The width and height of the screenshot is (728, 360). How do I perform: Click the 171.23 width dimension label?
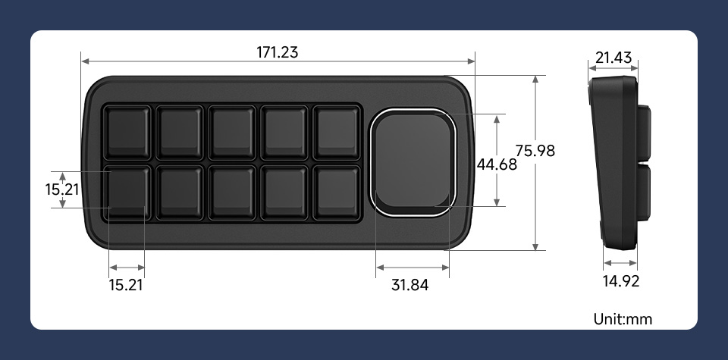pos(277,52)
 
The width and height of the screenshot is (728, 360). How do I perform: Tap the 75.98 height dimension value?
pos(535,151)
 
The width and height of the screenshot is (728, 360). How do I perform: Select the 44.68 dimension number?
pos(497,164)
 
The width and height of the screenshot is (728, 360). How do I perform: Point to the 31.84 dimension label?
pos(409,286)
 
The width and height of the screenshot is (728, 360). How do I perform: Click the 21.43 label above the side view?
pos(613,58)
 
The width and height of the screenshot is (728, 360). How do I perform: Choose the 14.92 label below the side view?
pos(620,282)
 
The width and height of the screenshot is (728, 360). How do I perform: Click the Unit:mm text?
pos(623,319)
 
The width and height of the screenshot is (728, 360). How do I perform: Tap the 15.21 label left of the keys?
pos(62,189)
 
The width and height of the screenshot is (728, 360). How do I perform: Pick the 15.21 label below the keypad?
pos(126,285)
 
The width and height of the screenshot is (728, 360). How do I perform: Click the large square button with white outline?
pos(413,162)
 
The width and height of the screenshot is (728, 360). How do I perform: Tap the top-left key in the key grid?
pos(127,130)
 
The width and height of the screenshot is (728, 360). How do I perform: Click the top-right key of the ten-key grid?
pos(336,130)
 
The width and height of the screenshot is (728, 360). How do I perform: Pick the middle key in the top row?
pos(231,130)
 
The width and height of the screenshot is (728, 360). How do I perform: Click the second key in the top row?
pos(179,130)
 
